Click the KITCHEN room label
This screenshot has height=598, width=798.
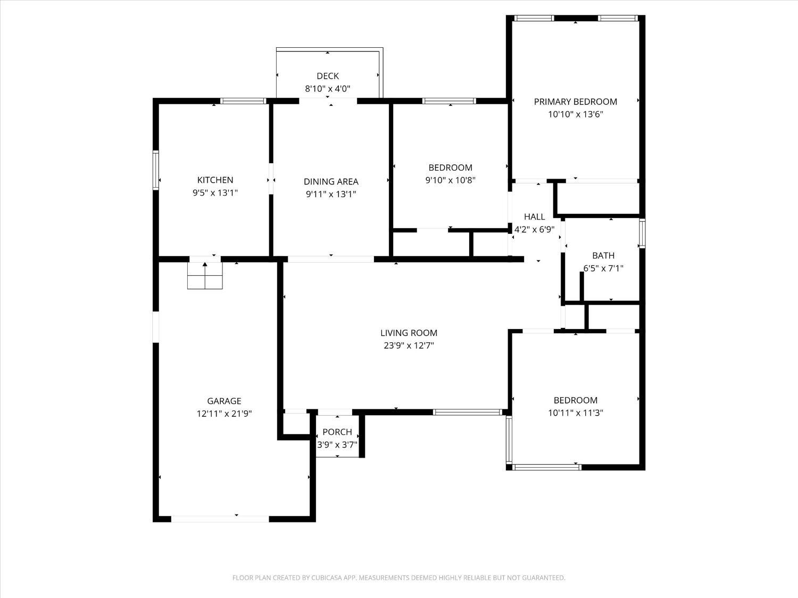coord(215,180)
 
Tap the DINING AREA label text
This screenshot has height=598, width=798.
coord(331,182)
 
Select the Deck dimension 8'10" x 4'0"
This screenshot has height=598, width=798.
coord(327,89)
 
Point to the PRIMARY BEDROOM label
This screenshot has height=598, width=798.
coord(575,102)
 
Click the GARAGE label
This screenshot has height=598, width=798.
coord(224,401)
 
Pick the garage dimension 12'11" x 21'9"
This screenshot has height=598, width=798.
coord(224,414)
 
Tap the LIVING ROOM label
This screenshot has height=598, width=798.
coord(409,333)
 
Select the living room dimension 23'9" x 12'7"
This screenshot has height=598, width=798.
coord(409,346)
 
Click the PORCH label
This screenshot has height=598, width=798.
coord(337,432)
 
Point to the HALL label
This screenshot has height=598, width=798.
coord(534,217)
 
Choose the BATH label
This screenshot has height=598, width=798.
coord(603,256)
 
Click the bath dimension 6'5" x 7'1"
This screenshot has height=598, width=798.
coord(603,268)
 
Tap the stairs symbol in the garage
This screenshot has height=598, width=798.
coord(205,275)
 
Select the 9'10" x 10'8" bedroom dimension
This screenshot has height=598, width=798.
coord(450,180)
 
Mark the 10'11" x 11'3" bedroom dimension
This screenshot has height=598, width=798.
coord(575,413)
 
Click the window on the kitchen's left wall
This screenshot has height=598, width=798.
coord(156,170)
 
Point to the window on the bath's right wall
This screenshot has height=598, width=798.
coord(642,234)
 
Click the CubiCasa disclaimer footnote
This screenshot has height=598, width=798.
coord(398,578)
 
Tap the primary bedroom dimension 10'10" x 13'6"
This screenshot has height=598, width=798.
coord(575,114)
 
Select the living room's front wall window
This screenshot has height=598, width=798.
coord(468,412)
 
